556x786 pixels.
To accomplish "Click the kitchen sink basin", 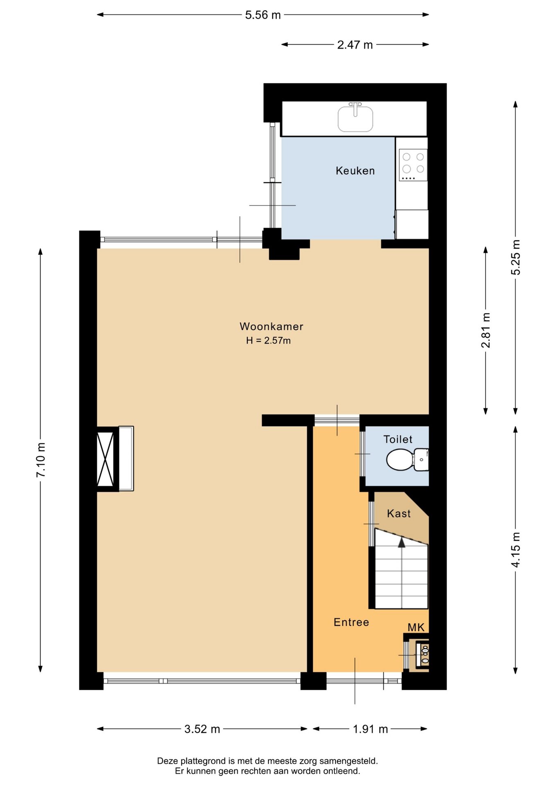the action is coord(355,119).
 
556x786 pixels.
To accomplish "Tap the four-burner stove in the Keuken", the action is coord(413,165).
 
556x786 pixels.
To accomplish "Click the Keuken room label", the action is coord(355,171).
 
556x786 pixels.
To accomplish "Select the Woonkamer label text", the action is coord(271,326).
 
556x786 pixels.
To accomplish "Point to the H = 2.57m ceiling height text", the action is coord(269,340).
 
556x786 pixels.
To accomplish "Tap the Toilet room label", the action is coord(398,439).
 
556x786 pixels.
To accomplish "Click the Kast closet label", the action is coord(399,513).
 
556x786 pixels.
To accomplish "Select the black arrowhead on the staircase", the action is coord(402,542).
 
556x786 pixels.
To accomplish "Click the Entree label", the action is coord(351,622).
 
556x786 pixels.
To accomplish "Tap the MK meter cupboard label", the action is coord(416,627).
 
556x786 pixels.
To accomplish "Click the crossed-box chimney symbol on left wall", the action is coord(105,458).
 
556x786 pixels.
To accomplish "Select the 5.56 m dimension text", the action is coord(263,15).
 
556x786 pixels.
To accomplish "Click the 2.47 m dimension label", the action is coord(355,45).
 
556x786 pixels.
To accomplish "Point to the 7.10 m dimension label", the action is coord(41,460).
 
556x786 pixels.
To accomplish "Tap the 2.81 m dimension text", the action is coord(486,330).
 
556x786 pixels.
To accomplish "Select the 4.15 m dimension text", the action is coord(516,550).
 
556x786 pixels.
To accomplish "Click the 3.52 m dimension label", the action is coord(202,729).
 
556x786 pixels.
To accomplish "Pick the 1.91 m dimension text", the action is coord(371,729).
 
